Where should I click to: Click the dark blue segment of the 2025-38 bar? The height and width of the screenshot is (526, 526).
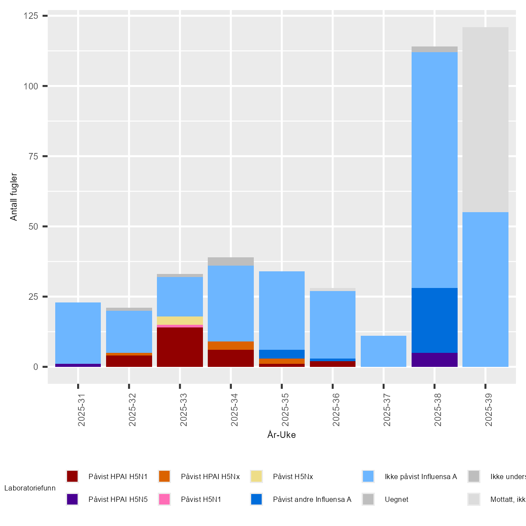pyautogui.click(x=434, y=320)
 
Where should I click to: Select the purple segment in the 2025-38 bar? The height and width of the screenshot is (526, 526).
pyautogui.click(x=434, y=359)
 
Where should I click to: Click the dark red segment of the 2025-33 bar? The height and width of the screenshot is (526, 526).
pyautogui.click(x=180, y=347)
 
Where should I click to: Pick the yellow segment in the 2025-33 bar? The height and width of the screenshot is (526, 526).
pyautogui.click(x=180, y=320)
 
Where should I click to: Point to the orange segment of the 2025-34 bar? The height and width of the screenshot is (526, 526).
pyautogui.click(x=231, y=345)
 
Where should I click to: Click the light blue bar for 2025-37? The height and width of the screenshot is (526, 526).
pyautogui.click(x=384, y=351)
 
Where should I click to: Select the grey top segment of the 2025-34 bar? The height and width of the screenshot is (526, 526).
pyautogui.click(x=231, y=261)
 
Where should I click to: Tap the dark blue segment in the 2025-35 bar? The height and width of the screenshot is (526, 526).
pyautogui.click(x=282, y=354)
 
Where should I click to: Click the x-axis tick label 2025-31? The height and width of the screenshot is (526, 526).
pyautogui.click(x=82, y=409)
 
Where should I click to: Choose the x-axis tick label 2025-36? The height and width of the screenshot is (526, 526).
pyautogui.click(x=336, y=409)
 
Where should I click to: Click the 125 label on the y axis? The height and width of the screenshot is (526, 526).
pyautogui.click(x=31, y=16)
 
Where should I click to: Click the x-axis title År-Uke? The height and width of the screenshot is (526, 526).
pyautogui.click(x=281, y=435)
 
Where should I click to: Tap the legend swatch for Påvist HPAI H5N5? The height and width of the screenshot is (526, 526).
pyautogui.click(x=72, y=499)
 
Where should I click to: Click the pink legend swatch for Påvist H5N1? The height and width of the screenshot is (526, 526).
pyautogui.click(x=164, y=499)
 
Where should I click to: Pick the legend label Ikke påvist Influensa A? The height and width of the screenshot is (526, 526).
pyautogui.click(x=421, y=476)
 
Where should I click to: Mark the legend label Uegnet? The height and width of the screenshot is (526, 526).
pyautogui.click(x=396, y=499)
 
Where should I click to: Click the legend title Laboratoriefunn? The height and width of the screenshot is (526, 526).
pyautogui.click(x=30, y=488)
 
